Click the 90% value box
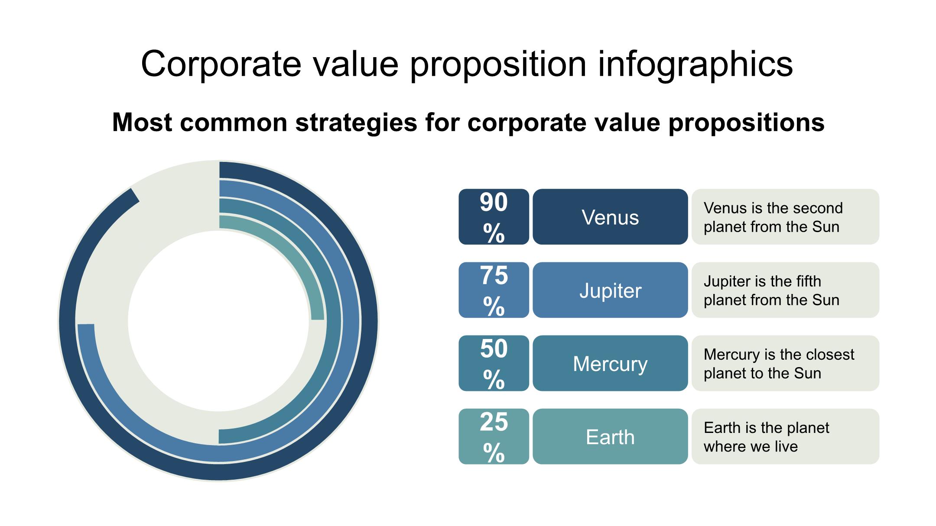click(494, 216)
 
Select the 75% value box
click(494, 290)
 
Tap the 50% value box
click(494, 363)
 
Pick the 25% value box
click(494, 436)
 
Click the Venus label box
click(610, 216)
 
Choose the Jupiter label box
click(610, 290)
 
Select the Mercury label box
click(610, 363)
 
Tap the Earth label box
click(610, 436)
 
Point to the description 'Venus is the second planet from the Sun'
click(773, 217)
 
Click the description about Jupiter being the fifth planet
click(771, 290)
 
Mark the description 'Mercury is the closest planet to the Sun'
click(779, 364)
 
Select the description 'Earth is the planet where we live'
click(766, 437)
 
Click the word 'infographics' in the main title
click(695, 64)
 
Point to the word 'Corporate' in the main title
click(221, 64)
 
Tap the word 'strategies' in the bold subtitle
click(356, 123)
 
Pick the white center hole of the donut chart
click(218, 321)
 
